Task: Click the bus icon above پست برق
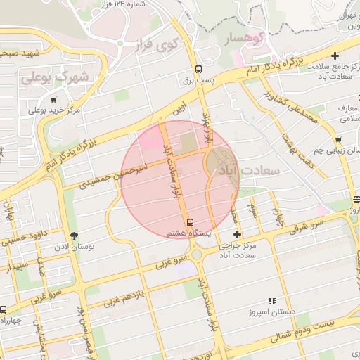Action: (198, 69)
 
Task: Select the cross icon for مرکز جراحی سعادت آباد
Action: (237, 234)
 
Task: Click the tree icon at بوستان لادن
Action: (75, 236)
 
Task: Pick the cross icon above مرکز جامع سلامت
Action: (335, 56)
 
